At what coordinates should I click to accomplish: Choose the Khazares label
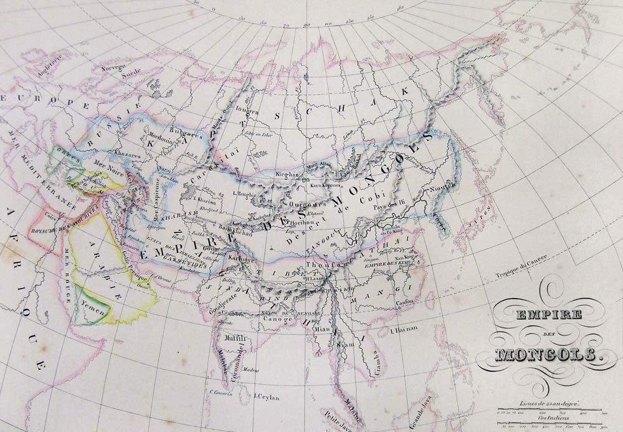[121, 152]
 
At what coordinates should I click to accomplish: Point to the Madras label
[251, 369]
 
